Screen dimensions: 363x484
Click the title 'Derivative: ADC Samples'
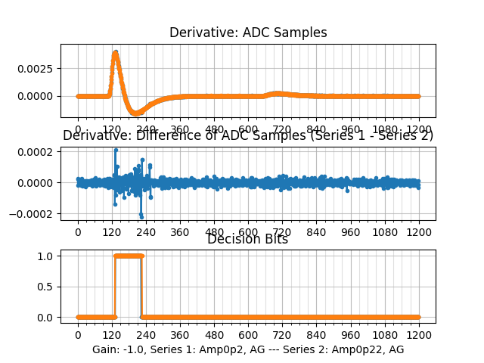[x=248, y=33]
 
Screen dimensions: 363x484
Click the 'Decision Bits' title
[x=248, y=240]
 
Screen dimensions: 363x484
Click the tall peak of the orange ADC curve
[x=115, y=53]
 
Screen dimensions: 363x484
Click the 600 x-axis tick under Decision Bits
[x=248, y=335]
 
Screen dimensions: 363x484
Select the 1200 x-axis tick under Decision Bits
[x=419, y=335]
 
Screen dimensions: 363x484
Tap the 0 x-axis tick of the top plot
[x=77, y=129]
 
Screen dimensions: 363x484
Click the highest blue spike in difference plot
[x=116, y=150]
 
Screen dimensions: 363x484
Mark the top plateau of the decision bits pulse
[x=129, y=256]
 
